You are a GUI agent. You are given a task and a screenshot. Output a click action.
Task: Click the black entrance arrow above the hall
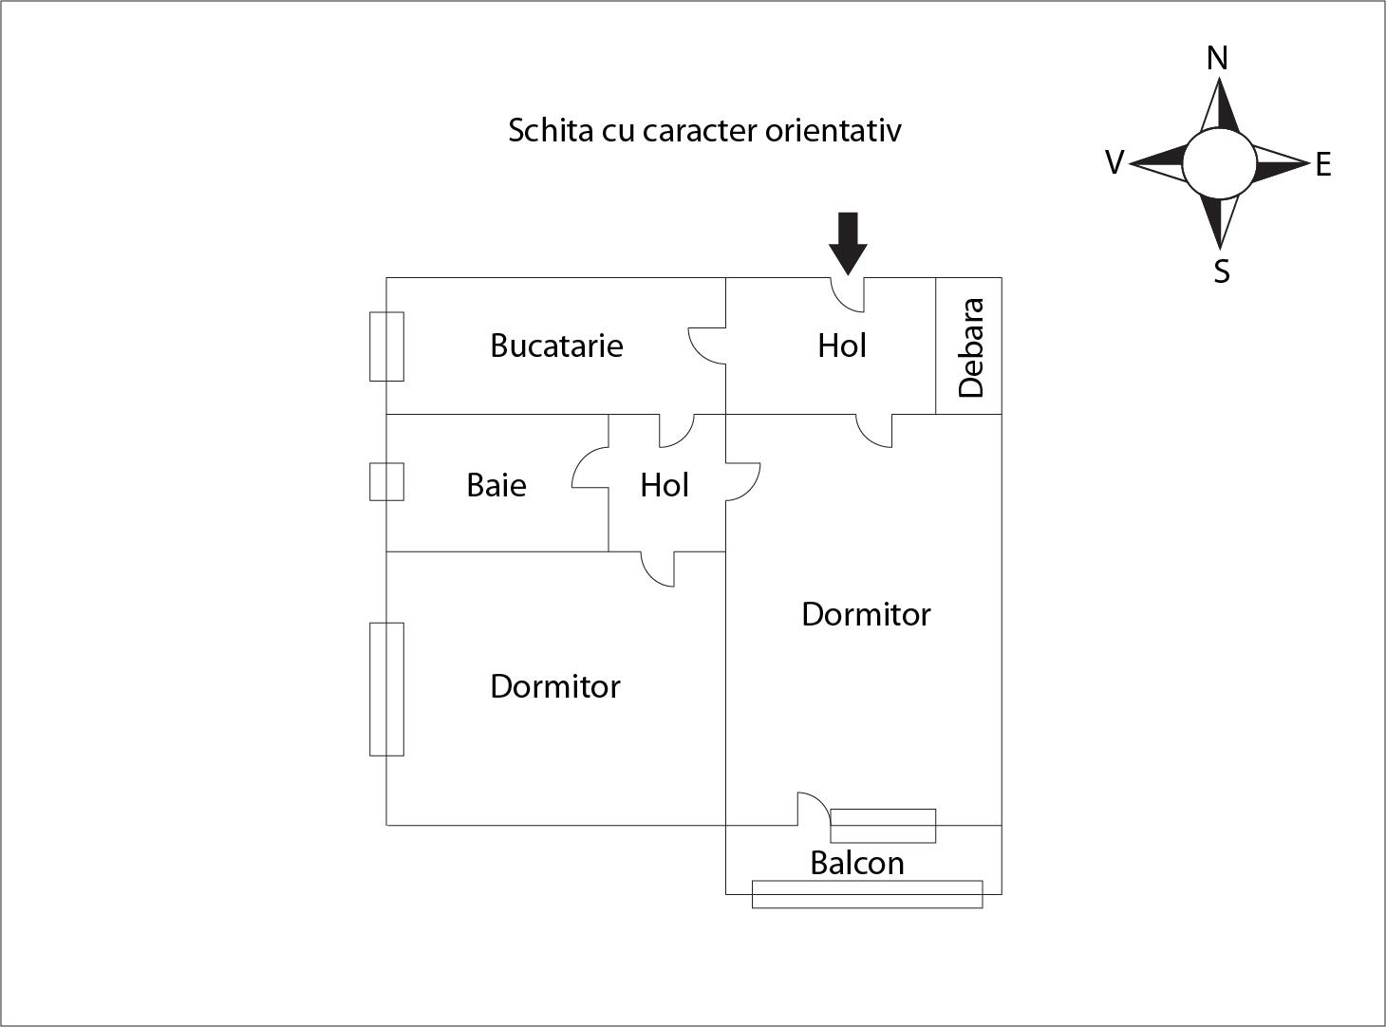848,243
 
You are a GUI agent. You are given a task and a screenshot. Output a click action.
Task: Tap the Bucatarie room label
556,345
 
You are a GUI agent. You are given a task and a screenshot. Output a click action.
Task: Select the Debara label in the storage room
971,347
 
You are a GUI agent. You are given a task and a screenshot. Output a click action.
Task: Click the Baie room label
496,485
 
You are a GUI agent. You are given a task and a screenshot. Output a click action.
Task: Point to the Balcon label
856,863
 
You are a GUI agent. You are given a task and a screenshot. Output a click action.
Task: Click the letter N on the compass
1217,58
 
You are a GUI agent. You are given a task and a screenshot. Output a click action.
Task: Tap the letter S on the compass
1222,271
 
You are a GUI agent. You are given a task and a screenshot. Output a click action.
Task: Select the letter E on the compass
1323,165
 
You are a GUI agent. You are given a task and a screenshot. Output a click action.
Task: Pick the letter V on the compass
1114,162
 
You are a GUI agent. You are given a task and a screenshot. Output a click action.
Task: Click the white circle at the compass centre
1219,163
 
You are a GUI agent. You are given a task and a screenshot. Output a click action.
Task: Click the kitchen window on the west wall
386,346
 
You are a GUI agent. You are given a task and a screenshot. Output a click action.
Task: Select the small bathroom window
386,481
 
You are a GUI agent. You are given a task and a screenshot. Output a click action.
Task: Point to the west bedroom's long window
386,689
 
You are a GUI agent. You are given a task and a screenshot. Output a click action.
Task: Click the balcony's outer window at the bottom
867,894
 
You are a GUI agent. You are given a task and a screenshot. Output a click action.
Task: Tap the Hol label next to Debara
842,345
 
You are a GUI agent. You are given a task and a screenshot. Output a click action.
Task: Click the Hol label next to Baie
665,485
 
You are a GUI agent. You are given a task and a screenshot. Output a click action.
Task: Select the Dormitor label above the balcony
866,614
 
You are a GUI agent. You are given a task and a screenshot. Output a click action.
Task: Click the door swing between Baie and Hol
590,468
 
